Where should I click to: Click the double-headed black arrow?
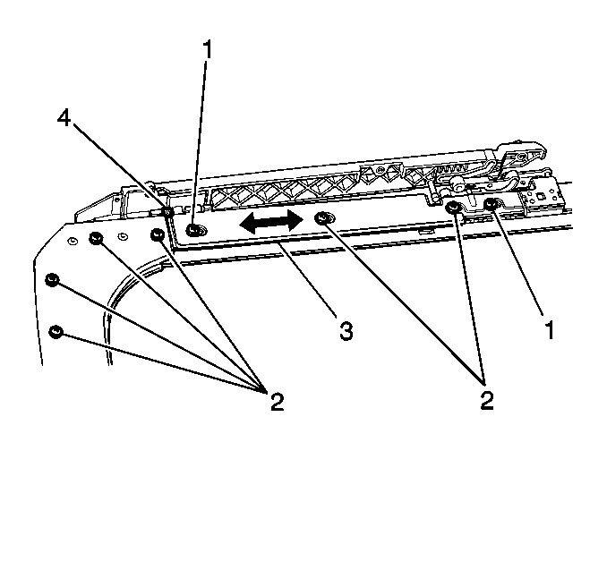271,223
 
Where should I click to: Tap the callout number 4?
64,117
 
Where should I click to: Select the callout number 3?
346,331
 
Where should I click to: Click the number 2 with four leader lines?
278,402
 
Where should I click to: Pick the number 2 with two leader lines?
487,401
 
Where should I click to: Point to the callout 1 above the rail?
208,49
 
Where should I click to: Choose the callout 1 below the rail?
550,330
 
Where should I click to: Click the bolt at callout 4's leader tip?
167,212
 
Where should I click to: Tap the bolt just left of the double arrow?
193,231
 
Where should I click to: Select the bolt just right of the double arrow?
322,218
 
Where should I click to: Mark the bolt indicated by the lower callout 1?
492,203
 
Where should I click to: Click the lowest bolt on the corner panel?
56,332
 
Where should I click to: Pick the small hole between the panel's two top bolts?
123,236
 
